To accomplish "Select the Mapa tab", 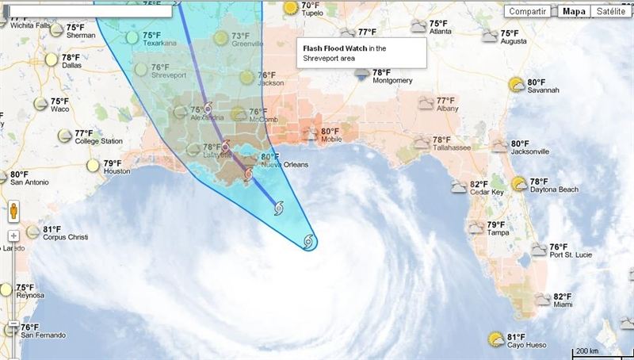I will (574, 11).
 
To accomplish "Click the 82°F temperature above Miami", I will (563, 296).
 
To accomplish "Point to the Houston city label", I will (116, 171).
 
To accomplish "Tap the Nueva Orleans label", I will (284, 166).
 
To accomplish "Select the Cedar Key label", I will (487, 192).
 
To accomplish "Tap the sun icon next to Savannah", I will (518, 84).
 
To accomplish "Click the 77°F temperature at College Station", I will (85, 133).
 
